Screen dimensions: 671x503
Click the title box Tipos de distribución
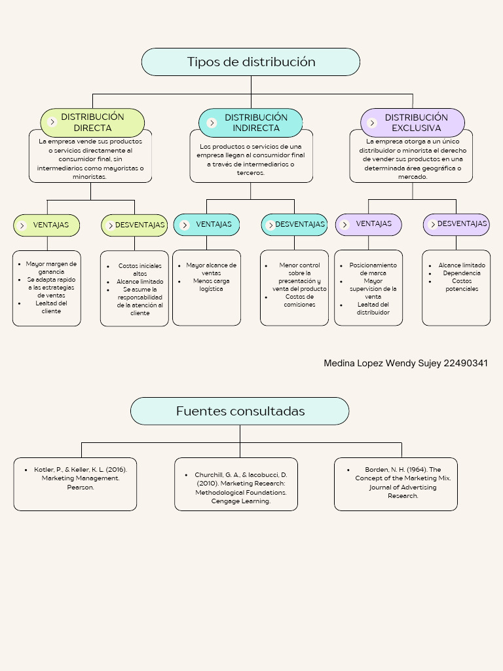coord(251,62)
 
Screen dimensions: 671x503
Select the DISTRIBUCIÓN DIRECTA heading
coord(92,123)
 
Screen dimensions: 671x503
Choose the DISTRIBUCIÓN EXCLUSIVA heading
coord(416,123)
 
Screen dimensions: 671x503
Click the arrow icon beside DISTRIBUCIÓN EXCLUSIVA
coord(373,123)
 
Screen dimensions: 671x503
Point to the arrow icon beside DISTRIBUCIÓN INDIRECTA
coord(212,123)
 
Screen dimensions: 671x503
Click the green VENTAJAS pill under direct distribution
coord(47,225)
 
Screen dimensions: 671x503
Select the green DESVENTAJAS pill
coord(135,225)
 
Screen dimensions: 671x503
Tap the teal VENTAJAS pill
coord(207,225)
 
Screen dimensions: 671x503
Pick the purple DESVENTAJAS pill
coord(456,224)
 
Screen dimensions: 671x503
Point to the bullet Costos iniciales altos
coord(140,269)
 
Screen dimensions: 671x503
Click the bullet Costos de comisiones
coord(299,300)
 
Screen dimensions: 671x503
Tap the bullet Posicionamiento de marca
coord(373,269)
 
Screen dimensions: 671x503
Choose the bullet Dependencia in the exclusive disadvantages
coord(461,273)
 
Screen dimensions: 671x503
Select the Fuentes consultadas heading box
coord(240,411)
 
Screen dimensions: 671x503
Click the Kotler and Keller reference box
coord(75,484)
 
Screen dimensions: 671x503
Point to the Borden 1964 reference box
coord(396,484)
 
